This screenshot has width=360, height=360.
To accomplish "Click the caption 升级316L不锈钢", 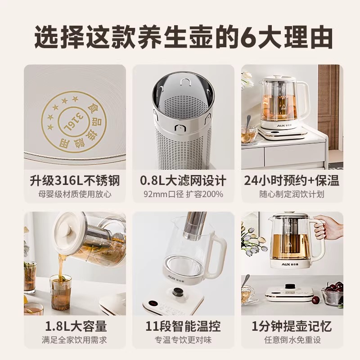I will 76,181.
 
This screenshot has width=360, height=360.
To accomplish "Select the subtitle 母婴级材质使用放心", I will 76,194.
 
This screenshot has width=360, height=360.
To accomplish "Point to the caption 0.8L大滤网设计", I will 183,181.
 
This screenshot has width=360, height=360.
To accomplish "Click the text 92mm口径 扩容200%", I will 183,194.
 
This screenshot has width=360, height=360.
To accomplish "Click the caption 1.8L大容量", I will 76,326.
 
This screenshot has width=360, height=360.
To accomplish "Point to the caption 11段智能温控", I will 183,326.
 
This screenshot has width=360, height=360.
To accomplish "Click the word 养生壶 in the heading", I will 179,36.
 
